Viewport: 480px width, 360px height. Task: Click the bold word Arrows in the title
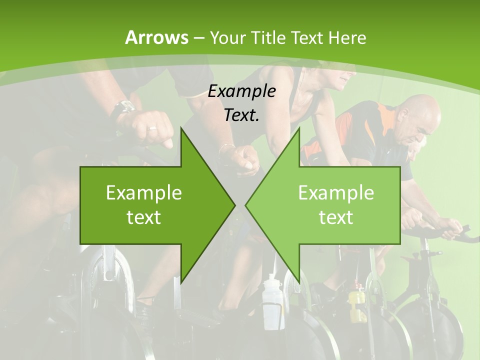[x=156, y=37]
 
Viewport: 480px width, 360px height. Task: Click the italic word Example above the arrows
[x=241, y=91]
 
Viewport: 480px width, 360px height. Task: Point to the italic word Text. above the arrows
[x=241, y=115]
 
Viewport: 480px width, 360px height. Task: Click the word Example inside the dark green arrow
[x=144, y=192]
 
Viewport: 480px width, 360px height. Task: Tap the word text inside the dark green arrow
[x=144, y=217]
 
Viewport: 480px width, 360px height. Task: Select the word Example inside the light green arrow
[x=336, y=192]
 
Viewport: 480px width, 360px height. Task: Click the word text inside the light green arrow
[x=336, y=217]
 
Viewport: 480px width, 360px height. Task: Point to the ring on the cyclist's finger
[x=152, y=128]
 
